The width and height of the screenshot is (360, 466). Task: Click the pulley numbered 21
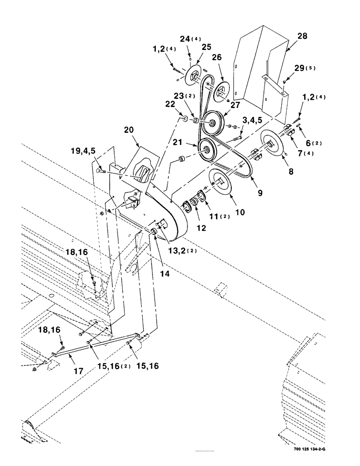tap(205, 150)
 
